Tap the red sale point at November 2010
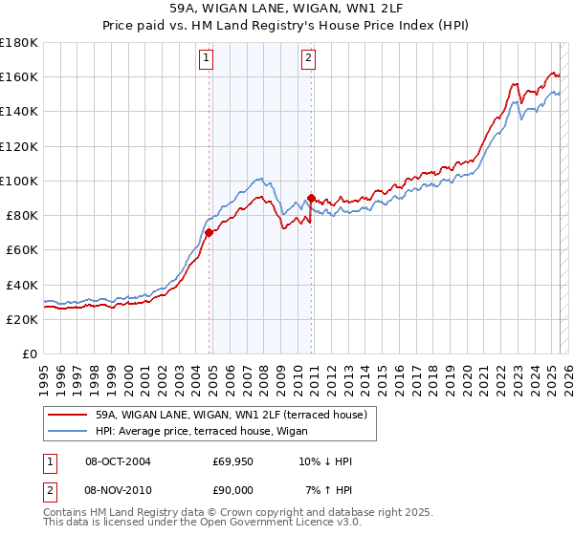312,198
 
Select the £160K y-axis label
19,76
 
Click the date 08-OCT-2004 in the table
118,461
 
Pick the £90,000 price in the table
233,489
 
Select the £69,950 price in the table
233,461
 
